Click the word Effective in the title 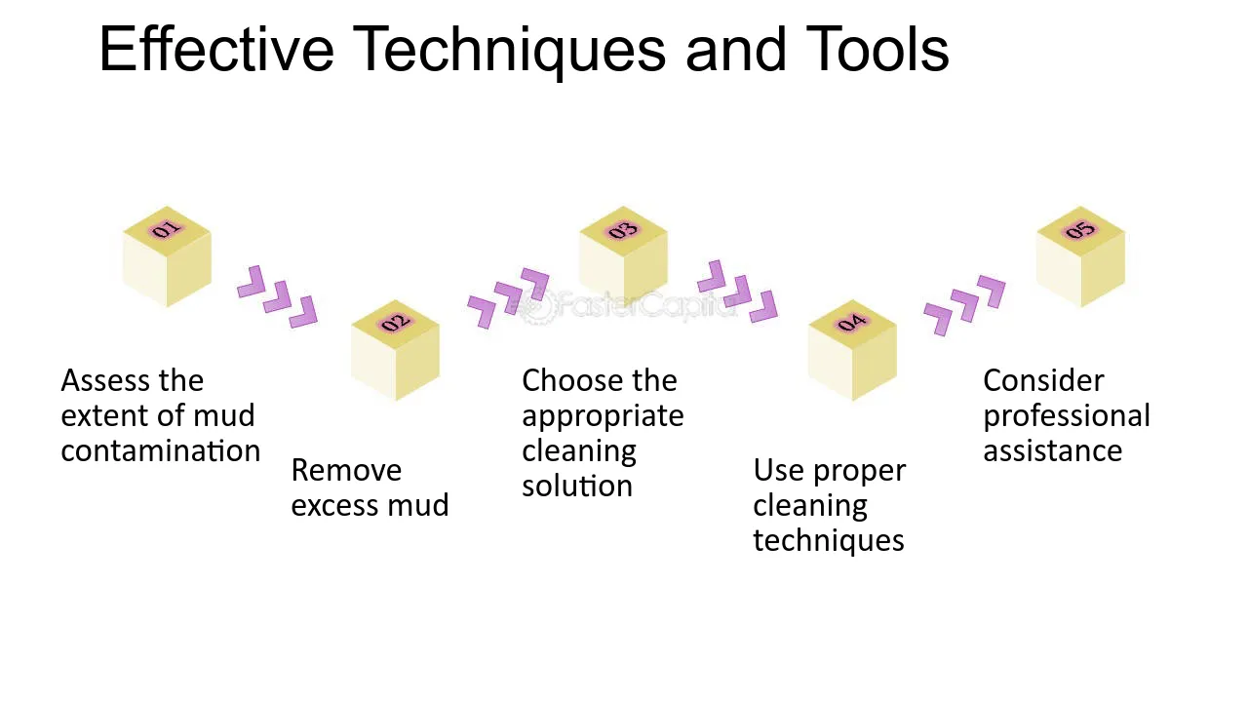coord(216,49)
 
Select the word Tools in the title coord(877,49)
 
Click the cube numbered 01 coord(167,256)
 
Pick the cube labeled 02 coord(396,350)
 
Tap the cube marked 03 coord(623,253)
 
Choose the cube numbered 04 coord(852,350)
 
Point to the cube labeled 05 coord(1081,256)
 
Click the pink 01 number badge coord(167,229)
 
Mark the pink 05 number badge coord(1080,229)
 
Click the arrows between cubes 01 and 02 coord(278,297)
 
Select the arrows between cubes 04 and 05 coord(964,305)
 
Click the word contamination coord(161,450)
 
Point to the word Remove coord(346,470)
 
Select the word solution coord(577,486)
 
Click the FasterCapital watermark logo coord(628,305)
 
